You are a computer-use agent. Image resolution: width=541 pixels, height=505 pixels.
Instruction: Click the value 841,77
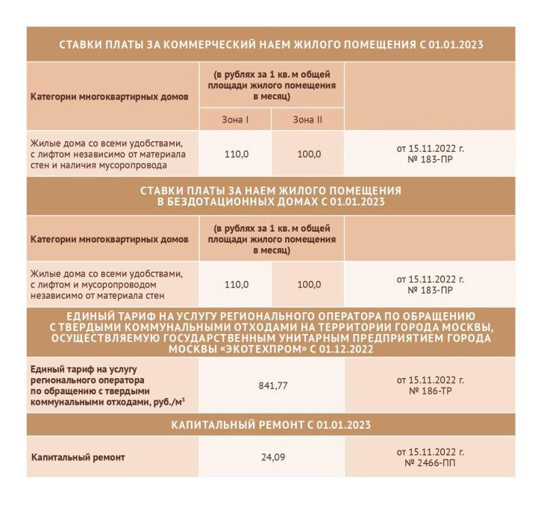click(x=273, y=385)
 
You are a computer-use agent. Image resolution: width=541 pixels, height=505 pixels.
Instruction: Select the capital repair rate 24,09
click(x=273, y=456)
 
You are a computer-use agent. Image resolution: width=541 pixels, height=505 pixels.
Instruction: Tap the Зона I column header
click(x=235, y=120)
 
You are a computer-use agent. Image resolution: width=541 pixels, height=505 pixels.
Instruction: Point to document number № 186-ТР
click(x=430, y=391)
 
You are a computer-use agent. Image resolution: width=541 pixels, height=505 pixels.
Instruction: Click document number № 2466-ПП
click(x=430, y=462)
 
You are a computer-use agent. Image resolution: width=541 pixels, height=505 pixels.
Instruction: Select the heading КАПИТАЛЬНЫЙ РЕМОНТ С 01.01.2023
click(x=272, y=424)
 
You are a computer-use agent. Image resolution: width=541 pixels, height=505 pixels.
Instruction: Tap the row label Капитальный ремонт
click(x=78, y=456)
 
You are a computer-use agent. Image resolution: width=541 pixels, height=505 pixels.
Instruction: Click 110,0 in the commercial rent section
click(x=236, y=154)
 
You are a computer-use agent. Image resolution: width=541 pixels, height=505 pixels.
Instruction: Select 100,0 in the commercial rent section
click(x=308, y=154)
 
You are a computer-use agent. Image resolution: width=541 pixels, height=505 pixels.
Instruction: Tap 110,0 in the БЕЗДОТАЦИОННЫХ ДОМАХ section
click(x=236, y=285)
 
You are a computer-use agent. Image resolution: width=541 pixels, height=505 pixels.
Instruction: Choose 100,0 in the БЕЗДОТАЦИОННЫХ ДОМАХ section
click(x=308, y=285)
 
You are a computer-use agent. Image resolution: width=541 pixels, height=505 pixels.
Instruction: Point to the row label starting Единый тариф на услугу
click(x=78, y=370)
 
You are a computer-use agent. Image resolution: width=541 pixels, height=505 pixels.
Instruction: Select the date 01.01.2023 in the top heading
click(x=455, y=44)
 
